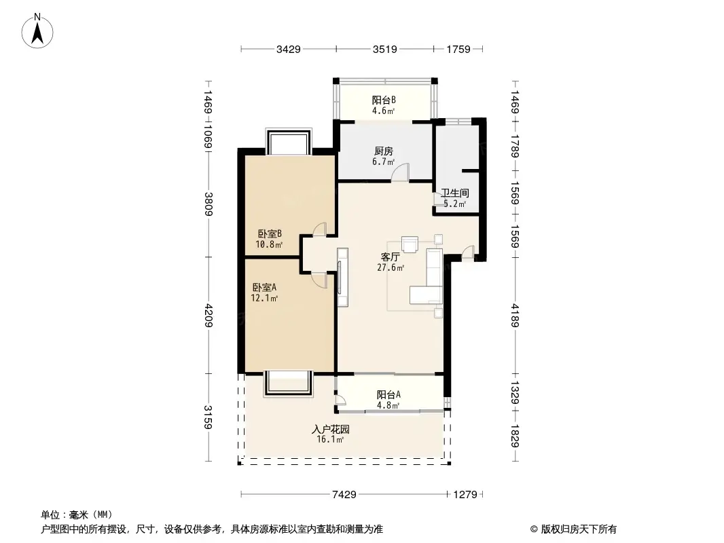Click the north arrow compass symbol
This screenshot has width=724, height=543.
pos(39,30)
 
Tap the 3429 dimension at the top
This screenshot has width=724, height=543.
pos(289,49)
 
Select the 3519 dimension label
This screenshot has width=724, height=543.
pos(385,49)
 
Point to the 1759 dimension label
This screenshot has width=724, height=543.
pos(459,49)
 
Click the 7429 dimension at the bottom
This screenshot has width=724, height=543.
pos(345,495)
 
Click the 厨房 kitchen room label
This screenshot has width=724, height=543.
pos(384,151)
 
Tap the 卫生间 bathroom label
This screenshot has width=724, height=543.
pos(455,193)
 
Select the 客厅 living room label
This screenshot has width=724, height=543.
pos(390,257)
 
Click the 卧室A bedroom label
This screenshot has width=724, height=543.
pos(266,287)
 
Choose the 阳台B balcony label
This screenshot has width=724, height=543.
pos(384,99)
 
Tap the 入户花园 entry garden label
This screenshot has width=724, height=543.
pos(330,430)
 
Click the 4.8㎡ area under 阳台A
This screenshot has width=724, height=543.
pos(388,406)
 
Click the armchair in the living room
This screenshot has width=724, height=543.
pos(410,243)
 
